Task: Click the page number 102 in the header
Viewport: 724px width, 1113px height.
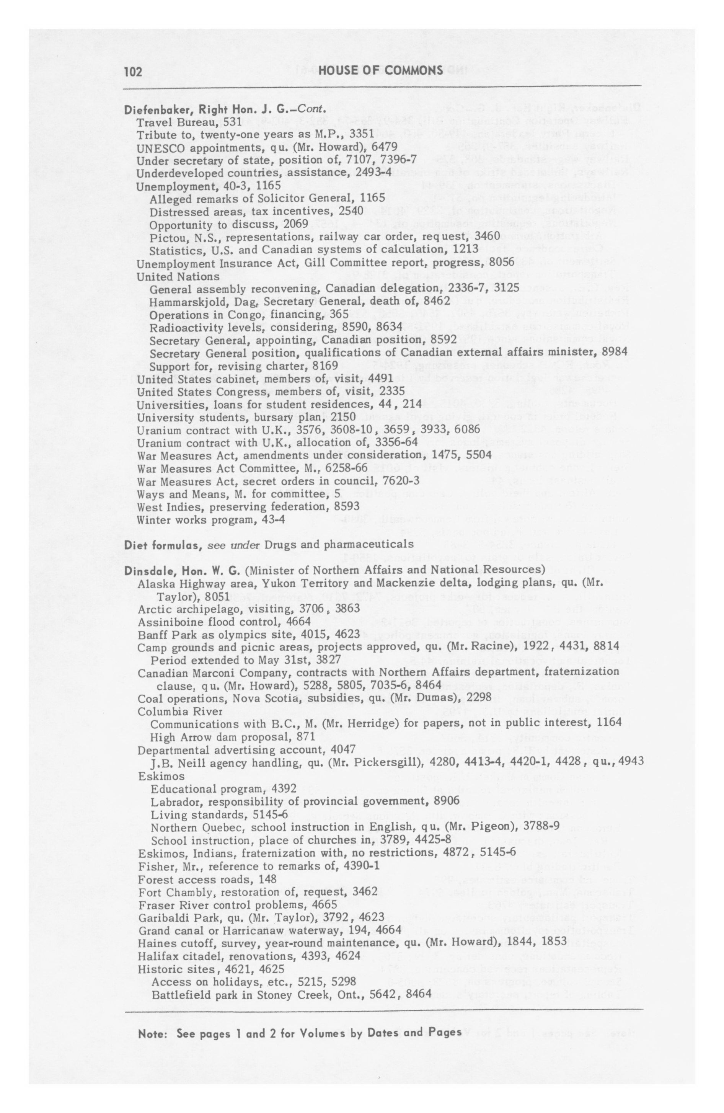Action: point(133,71)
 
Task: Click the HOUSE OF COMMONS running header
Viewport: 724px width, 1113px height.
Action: point(381,70)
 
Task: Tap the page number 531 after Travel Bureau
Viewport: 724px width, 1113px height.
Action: point(233,122)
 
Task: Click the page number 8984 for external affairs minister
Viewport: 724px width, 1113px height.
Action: point(613,352)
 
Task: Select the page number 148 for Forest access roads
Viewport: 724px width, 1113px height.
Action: point(267,880)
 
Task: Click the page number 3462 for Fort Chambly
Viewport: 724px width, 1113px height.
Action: point(365,892)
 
